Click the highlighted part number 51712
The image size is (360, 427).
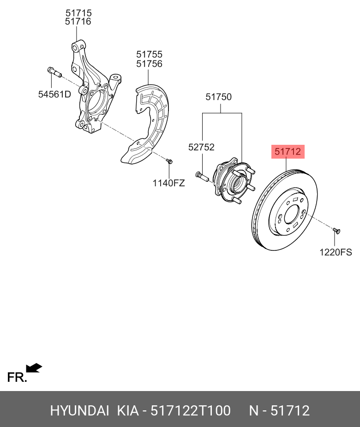click(288, 151)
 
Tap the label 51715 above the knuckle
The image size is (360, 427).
click(78, 13)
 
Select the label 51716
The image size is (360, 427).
click(78, 22)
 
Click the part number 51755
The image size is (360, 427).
click(149, 55)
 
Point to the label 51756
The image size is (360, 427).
click(149, 64)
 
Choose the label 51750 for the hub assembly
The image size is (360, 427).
click(218, 97)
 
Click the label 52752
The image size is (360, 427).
click(201, 147)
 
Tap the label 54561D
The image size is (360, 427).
click(54, 95)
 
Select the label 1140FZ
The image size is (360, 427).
click(168, 183)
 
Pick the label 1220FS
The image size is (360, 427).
click(336, 252)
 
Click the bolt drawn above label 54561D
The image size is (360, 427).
click(54, 72)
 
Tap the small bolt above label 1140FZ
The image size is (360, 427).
click(169, 161)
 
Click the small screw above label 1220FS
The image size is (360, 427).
click(336, 230)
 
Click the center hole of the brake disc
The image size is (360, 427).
click(292, 214)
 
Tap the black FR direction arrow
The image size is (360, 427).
click(34, 368)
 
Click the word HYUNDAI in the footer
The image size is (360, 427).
click(79, 410)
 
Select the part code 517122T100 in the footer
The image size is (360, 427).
click(191, 410)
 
